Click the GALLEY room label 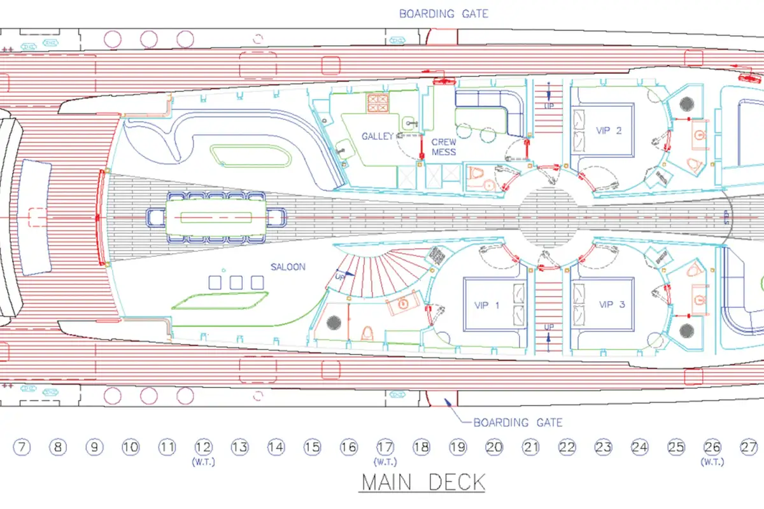377,136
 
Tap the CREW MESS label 443,147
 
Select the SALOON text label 288,267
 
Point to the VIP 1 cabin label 486,305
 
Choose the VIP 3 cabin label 612,304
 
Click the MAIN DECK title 423,482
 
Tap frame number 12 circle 204,447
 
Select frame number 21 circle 531,447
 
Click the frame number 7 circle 22,447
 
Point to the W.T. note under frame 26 712,463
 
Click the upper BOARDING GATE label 444,13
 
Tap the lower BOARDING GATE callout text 518,422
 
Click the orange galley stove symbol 378,103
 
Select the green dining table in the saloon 216,217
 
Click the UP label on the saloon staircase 340,277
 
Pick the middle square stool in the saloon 236,282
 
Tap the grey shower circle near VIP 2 686,104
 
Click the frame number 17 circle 385,447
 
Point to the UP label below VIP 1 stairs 549,327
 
